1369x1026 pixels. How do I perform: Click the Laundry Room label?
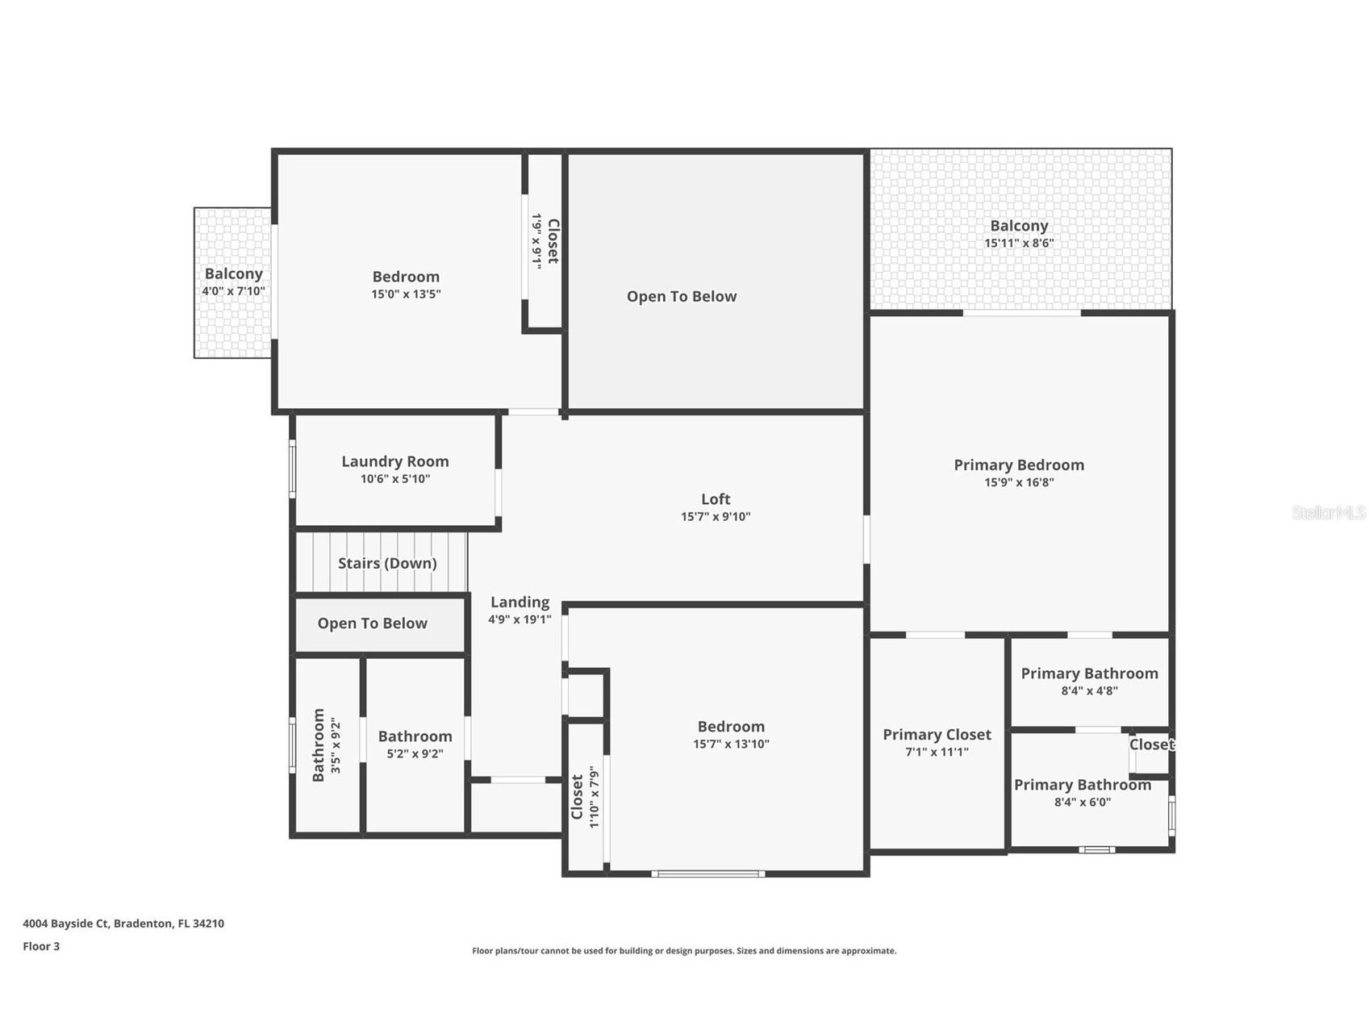[394, 461]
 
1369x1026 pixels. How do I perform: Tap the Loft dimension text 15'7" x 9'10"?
[716, 517]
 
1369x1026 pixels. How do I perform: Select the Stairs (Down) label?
[387, 563]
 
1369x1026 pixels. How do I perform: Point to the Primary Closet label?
[937, 735]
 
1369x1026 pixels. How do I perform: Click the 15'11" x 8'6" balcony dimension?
[1019, 244]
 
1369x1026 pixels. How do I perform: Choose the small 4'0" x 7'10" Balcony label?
[233, 274]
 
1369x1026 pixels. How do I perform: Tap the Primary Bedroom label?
[1019, 465]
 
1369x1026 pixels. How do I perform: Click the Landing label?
[520, 602]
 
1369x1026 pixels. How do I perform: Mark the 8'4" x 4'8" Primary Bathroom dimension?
[1089, 691]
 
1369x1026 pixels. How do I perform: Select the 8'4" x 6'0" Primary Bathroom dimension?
[1083, 803]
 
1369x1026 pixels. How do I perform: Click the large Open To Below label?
[682, 296]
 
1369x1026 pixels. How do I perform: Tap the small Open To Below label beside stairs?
[372, 624]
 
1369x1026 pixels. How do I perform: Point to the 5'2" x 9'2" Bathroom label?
[415, 736]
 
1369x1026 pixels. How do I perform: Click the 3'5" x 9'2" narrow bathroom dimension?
[336, 746]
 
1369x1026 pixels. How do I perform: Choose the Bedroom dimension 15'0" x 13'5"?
[406, 294]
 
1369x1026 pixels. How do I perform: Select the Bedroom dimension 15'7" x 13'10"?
[731, 744]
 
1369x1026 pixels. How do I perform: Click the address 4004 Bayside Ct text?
[123, 924]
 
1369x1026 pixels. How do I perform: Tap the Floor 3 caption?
[41, 946]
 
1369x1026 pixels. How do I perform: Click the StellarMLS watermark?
[1328, 512]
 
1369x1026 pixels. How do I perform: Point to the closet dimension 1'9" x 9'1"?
[536, 240]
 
